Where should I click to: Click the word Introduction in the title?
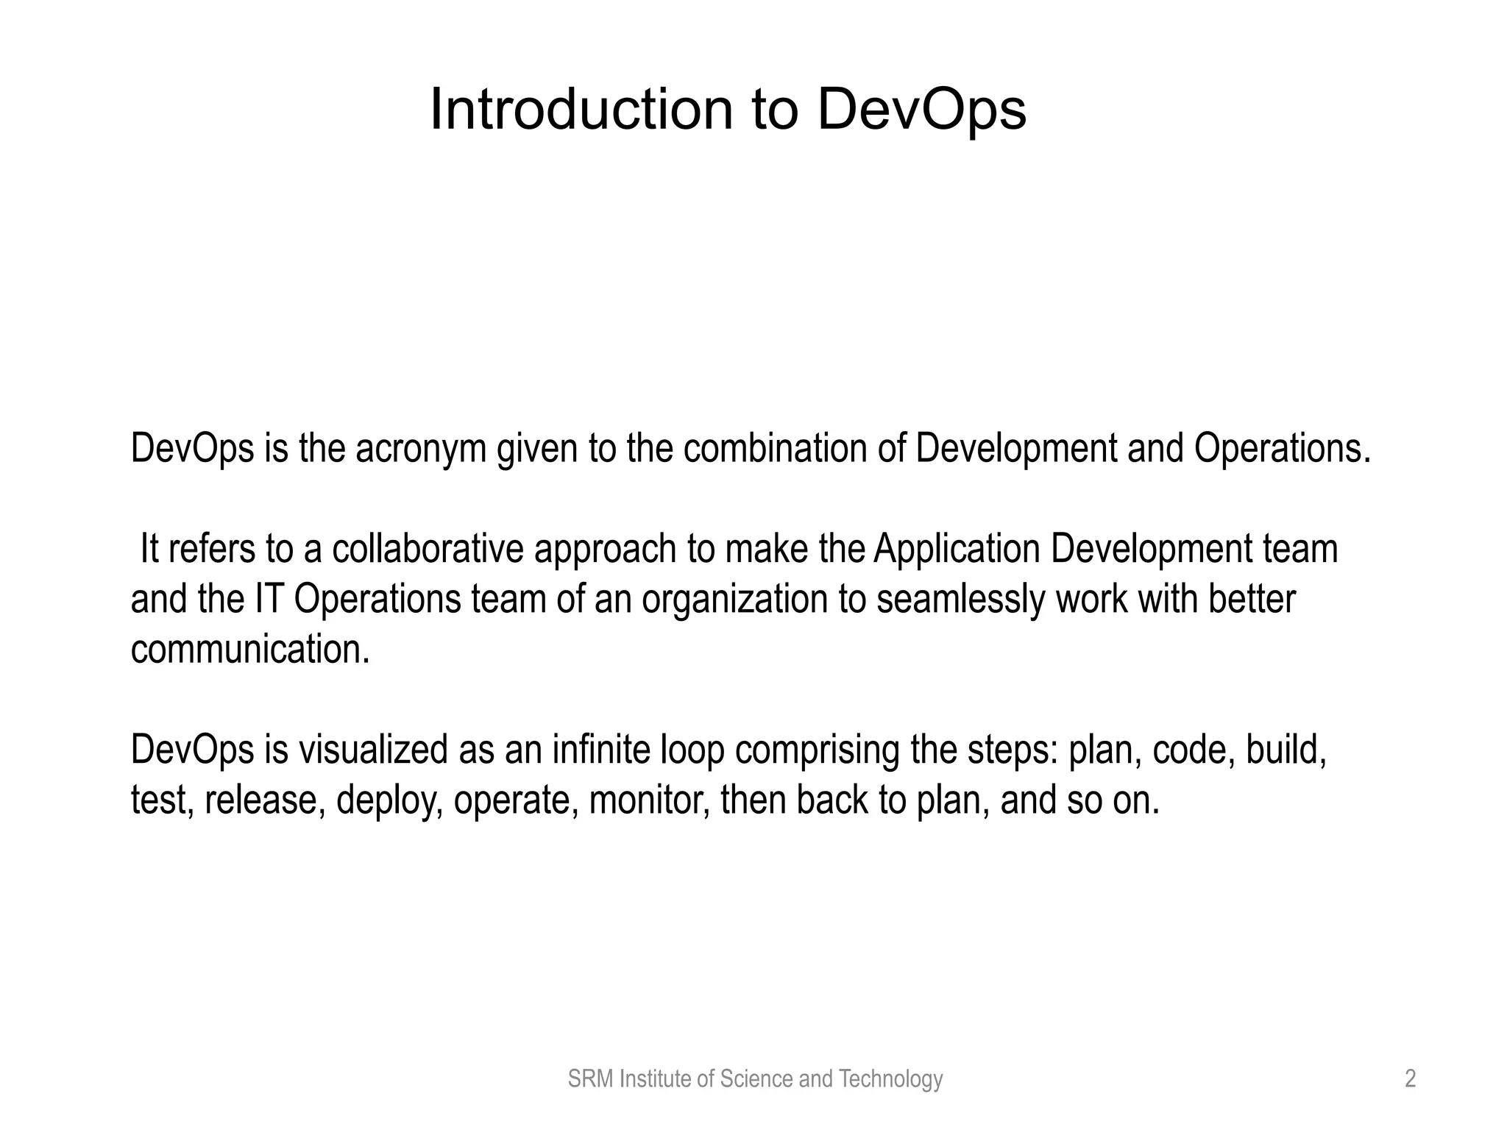click(581, 110)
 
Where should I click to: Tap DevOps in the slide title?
click(921, 110)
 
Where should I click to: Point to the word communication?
click(250, 649)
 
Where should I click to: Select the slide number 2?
click(1410, 1079)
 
